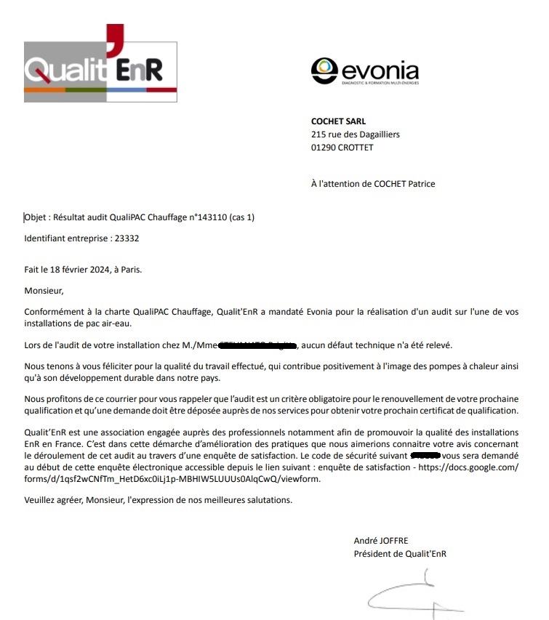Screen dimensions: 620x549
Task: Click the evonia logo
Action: pos(365,72)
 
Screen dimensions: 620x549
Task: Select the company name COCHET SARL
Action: pos(338,121)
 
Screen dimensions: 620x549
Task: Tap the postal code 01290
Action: pos(324,148)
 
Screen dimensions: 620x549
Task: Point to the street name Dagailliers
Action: pos(374,134)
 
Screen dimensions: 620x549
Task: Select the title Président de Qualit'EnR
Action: pos(400,554)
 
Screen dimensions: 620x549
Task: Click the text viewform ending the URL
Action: pos(299,479)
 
